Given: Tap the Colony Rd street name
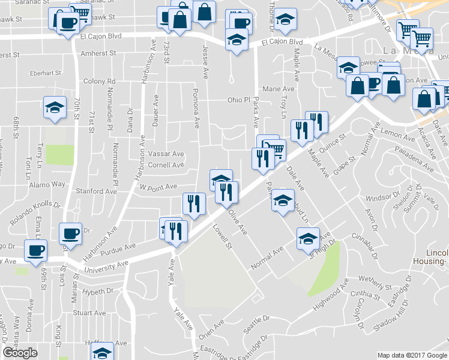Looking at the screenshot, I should click(x=100, y=81).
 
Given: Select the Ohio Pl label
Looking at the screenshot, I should click(x=238, y=100).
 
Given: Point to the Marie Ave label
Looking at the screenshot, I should click(x=279, y=89).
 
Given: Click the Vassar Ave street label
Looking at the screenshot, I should click(x=166, y=154).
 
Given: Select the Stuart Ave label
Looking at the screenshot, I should click(x=89, y=313).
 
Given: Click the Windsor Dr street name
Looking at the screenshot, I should click(x=382, y=197).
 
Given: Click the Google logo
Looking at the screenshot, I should click(x=20, y=353).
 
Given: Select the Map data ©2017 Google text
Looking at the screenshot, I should click(x=412, y=355).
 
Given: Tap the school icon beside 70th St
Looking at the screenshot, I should click(x=55, y=109).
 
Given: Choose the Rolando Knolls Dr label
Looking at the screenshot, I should click(x=35, y=212).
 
